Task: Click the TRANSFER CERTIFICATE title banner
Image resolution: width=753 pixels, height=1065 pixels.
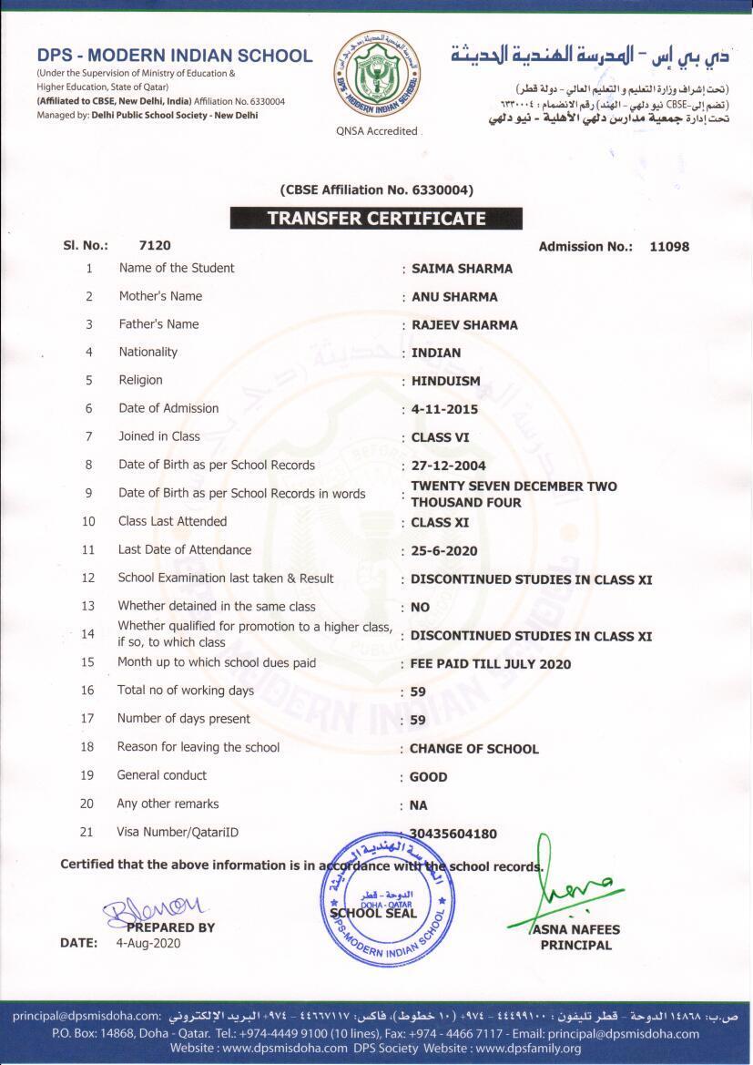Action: (376, 219)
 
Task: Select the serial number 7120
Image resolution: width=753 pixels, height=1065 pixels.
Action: (155, 245)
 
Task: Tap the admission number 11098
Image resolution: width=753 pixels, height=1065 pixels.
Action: (669, 246)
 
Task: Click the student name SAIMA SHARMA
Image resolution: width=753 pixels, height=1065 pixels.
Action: (462, 269)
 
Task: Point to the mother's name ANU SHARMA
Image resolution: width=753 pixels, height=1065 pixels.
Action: (454, 297)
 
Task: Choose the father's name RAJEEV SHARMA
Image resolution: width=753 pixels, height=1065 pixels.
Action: (464, 325)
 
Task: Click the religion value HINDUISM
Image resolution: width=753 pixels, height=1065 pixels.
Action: (445, 381)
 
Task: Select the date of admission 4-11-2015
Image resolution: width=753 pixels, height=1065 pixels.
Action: (444, 409)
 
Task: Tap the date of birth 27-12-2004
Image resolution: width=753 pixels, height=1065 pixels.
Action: (448, 466)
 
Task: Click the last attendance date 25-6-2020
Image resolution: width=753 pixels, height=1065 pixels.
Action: (443, 551)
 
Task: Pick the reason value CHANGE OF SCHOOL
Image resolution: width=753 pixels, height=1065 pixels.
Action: (473, 749)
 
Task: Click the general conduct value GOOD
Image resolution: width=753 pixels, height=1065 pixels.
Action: (428, 777)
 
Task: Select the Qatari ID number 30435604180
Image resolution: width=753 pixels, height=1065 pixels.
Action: (453, 834)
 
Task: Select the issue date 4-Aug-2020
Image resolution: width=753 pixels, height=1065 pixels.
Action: (148, 943)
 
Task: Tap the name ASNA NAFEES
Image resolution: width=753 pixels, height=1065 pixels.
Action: (575, 929)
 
